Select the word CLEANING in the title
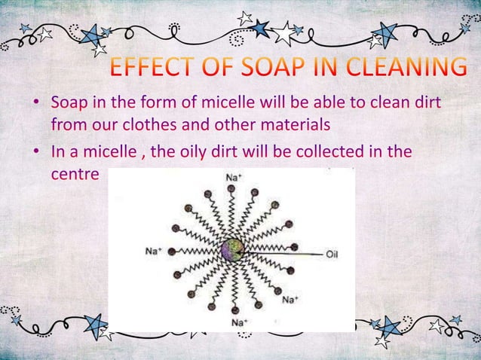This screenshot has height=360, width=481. point(408,69)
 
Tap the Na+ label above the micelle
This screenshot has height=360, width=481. point(233,176)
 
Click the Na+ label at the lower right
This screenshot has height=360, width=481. point(292,300)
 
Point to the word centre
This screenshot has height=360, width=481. point(75,172)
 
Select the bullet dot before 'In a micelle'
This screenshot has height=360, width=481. point(36,152)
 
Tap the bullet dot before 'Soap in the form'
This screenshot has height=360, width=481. point(36,101)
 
